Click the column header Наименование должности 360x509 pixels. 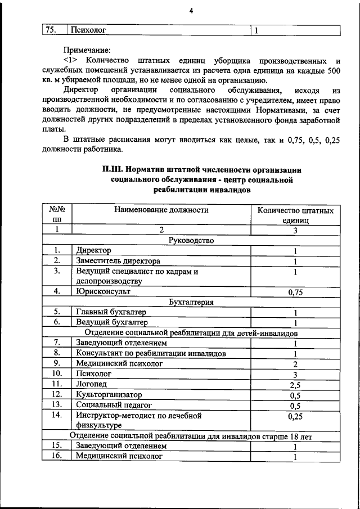coord(161,210)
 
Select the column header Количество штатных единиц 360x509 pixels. coord(295,215)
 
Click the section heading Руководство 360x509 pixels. coord(191,240)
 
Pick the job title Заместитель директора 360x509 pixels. coord(118,261)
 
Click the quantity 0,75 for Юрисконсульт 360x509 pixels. coord(295,291)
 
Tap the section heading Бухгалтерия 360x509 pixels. coord(191,301)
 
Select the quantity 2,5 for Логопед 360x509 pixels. coord(295,384)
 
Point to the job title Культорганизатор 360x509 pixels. coord(109,394)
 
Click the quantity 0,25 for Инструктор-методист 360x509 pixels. coord(295,417)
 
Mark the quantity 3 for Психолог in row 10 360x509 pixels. coord(295,374)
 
